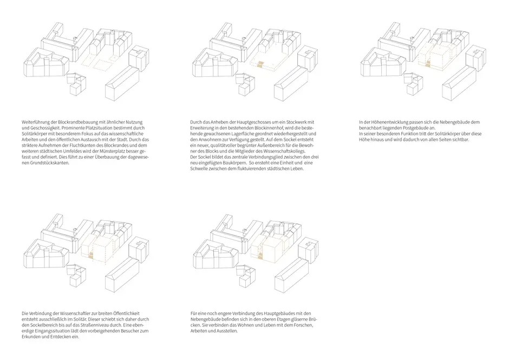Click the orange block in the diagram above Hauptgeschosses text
click(260, 64)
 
